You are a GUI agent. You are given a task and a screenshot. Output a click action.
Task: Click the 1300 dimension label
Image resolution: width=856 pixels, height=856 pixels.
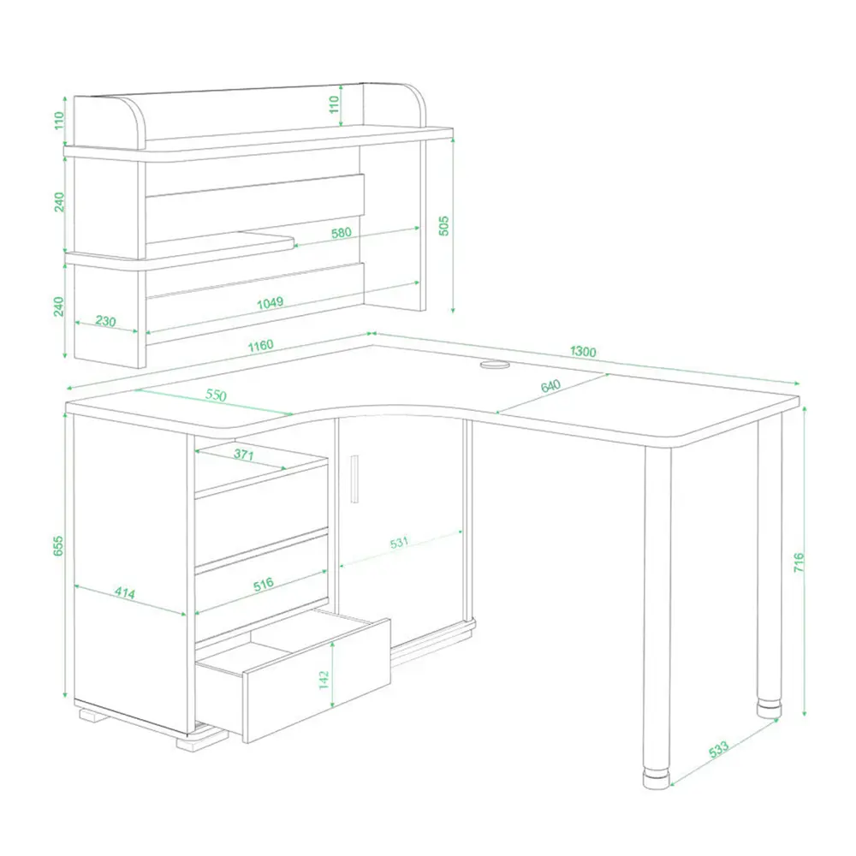[583, 351]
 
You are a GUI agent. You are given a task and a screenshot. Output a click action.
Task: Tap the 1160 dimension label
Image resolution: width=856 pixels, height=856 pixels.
[260, 346]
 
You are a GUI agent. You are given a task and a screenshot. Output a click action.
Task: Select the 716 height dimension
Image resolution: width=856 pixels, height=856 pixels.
[799, 562]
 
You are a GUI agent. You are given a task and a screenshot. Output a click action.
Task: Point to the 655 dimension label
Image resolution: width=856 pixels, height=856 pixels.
[58, 546]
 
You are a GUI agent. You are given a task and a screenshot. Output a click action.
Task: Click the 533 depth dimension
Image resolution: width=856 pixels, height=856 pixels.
[718, 749]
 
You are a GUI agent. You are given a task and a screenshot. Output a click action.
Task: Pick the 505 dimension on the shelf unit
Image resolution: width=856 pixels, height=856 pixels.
[443, 225]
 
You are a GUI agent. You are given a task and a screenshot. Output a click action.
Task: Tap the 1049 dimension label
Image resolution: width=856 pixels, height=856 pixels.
[270, 303]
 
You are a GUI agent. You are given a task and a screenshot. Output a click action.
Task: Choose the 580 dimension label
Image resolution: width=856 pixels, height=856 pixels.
[342, 233]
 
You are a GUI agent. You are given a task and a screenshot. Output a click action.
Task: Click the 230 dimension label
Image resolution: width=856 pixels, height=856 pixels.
[105, 321]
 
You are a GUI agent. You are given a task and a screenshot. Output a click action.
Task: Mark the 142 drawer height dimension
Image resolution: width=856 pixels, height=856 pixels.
[324, 680]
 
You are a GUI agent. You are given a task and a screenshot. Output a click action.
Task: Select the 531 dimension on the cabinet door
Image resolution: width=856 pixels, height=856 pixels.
[399, 543]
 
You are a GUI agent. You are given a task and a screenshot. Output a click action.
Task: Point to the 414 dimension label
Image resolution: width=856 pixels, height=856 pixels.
[124, 592]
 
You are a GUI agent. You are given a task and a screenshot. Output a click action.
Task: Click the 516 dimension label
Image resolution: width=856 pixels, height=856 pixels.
[263, 585]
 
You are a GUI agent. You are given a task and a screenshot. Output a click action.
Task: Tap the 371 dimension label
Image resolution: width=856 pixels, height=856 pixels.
[243, 455]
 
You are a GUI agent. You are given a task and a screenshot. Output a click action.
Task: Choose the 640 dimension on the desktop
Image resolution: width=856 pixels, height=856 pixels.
[550, 386]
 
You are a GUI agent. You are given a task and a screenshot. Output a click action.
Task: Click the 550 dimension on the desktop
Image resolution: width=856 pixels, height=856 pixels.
[217, 395]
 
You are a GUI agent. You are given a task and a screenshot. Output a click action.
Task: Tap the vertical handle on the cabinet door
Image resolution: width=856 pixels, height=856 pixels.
[354, 479]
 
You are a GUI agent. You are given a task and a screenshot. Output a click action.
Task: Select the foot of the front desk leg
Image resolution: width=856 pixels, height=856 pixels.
[657, 779]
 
